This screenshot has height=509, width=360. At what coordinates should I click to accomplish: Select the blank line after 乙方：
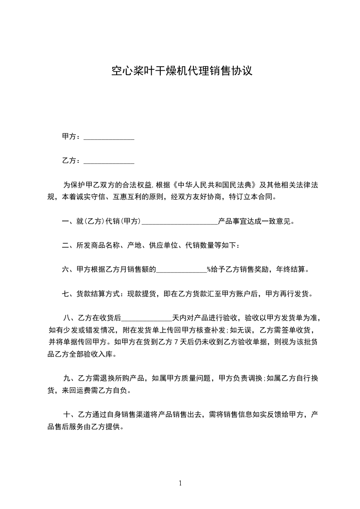tap(109, 161)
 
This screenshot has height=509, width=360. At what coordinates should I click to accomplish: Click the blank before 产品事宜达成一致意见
tap(180, 222)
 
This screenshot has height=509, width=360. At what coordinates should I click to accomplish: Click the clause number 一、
tap(67, 222)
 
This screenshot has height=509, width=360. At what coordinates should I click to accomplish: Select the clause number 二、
tap(67, 246)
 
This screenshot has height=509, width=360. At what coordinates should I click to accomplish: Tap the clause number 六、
tap(67, 270)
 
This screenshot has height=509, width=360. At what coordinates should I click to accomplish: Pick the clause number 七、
tap(67, 294)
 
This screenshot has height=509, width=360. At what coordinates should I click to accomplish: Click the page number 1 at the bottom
tap(180, 483)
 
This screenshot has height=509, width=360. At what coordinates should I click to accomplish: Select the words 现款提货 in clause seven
tap(142, 294)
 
